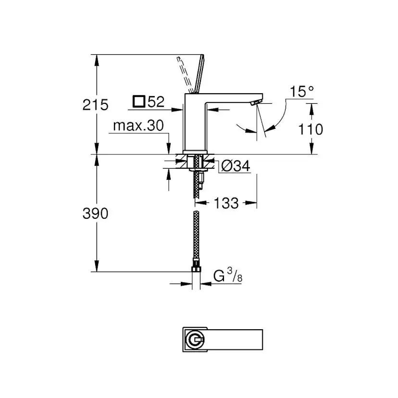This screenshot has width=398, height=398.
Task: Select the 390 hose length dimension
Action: pyautogui.click(x=95, y=213)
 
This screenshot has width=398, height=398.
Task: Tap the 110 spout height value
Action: pyautogui.click(x=310, y=129)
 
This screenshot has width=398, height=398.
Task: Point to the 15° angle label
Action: pyautogui.click(x=302, y=91)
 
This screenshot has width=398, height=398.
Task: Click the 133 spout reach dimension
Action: pyautogui.click(x=225, y=203)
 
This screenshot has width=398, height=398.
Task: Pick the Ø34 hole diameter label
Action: pyautogui.click(x=235, y=166)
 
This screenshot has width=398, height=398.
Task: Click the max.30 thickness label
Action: pyautogui.click(x=138, y=126)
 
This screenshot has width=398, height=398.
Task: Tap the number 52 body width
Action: pyautogui.click(x=156, y=101)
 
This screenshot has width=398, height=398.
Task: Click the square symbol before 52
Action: pyautogui.click(x=138, y=101)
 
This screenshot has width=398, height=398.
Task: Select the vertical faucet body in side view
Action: pyautogui.click(x=195, y=123)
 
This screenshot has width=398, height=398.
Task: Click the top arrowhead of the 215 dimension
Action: pyautogui.click(x=98, y=58)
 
